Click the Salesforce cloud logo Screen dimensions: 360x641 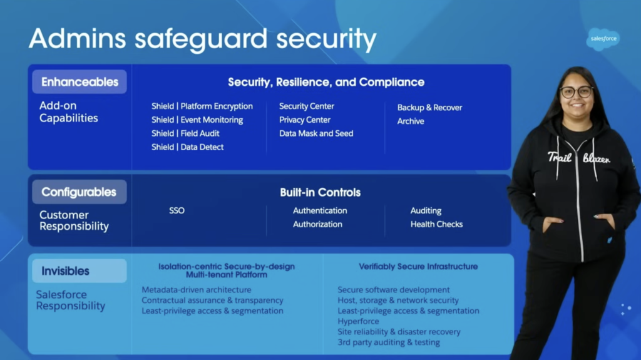[x=604, y=39]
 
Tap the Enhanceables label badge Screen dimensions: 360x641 [x=79, y=82]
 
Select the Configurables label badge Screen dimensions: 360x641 [x=79, y=192]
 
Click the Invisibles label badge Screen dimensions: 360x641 [x=66, y=271]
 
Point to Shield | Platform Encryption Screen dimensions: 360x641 [x=202, y=106]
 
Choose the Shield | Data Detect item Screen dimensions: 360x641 [x=187, y=147]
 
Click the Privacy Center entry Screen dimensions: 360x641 [x=305, y=120]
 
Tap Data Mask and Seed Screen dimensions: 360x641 [x=316, y=133]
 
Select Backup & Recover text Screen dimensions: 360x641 [x=429, y=108]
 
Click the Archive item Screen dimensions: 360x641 [x=411, y=121]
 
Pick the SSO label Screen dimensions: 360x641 [x=177, y=211]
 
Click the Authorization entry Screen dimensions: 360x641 [x=317, y=224]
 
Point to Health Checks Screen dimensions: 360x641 [x=436, y=224]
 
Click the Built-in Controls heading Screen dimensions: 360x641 [x=320, y=193]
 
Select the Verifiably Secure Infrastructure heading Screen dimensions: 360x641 [x=418, y=267]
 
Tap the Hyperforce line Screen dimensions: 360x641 [x=357, y=321]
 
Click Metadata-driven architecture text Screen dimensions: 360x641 [x=197, y=290]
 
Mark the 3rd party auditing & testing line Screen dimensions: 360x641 [x=389, y=342]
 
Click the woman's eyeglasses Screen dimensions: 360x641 [x=577, y=92]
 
